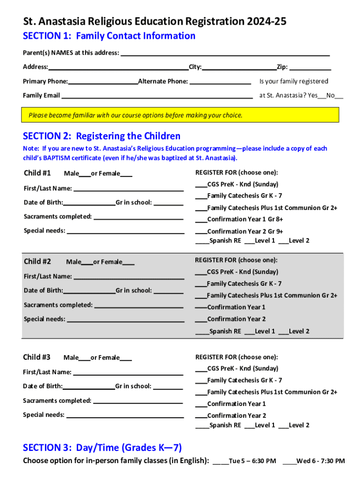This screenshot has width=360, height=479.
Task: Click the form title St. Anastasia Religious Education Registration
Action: click(x=155, y=22)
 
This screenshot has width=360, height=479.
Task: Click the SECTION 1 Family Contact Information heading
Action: click(x=109, y=36)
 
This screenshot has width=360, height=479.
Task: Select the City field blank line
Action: click(x=239, y=67)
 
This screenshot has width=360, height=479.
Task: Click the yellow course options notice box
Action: click(x=181, y=115)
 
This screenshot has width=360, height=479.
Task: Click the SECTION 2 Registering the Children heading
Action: click(x=101, y=136)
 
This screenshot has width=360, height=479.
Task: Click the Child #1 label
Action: click(x=37, y=173)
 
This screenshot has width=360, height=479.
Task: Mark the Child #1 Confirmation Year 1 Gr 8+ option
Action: click(x=201, y=219)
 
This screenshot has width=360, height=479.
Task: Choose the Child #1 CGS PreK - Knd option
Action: click(x=201, y=184)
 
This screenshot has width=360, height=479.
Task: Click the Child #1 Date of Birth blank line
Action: click(x=89, y=203)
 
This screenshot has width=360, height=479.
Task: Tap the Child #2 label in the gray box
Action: click(x=37, y=261)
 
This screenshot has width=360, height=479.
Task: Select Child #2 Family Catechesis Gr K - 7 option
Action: click(x=201, y=284)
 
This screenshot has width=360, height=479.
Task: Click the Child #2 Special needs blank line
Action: click(x=125, y=319)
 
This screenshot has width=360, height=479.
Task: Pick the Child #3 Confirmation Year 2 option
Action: click(x=201, y=416)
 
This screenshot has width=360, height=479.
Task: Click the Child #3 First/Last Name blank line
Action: click(x=128, y=372)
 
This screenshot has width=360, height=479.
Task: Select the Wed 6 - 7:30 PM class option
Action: click(x=289, y=462)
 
